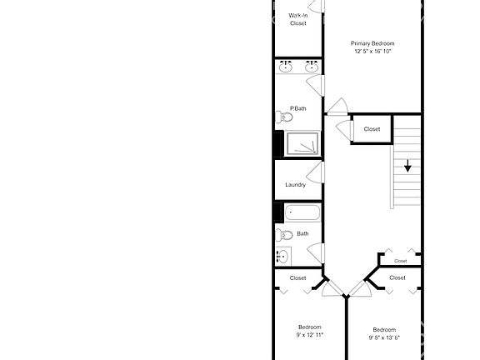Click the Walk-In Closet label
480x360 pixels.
coord(297,19)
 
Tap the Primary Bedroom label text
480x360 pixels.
coord(372,43)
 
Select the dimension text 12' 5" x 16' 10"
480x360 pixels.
coord(372,52)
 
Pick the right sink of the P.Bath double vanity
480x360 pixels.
coord(312,67)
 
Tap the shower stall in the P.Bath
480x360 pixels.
coord(302,145)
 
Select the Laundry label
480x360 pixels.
coord(295,185)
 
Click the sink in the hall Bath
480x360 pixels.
coord(282,256)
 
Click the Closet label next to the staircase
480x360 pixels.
coord(372,129)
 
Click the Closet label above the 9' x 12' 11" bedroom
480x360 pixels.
coord(297,277)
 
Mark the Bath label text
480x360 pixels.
coord(302,234)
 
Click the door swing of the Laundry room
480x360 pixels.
coord(315,173)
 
